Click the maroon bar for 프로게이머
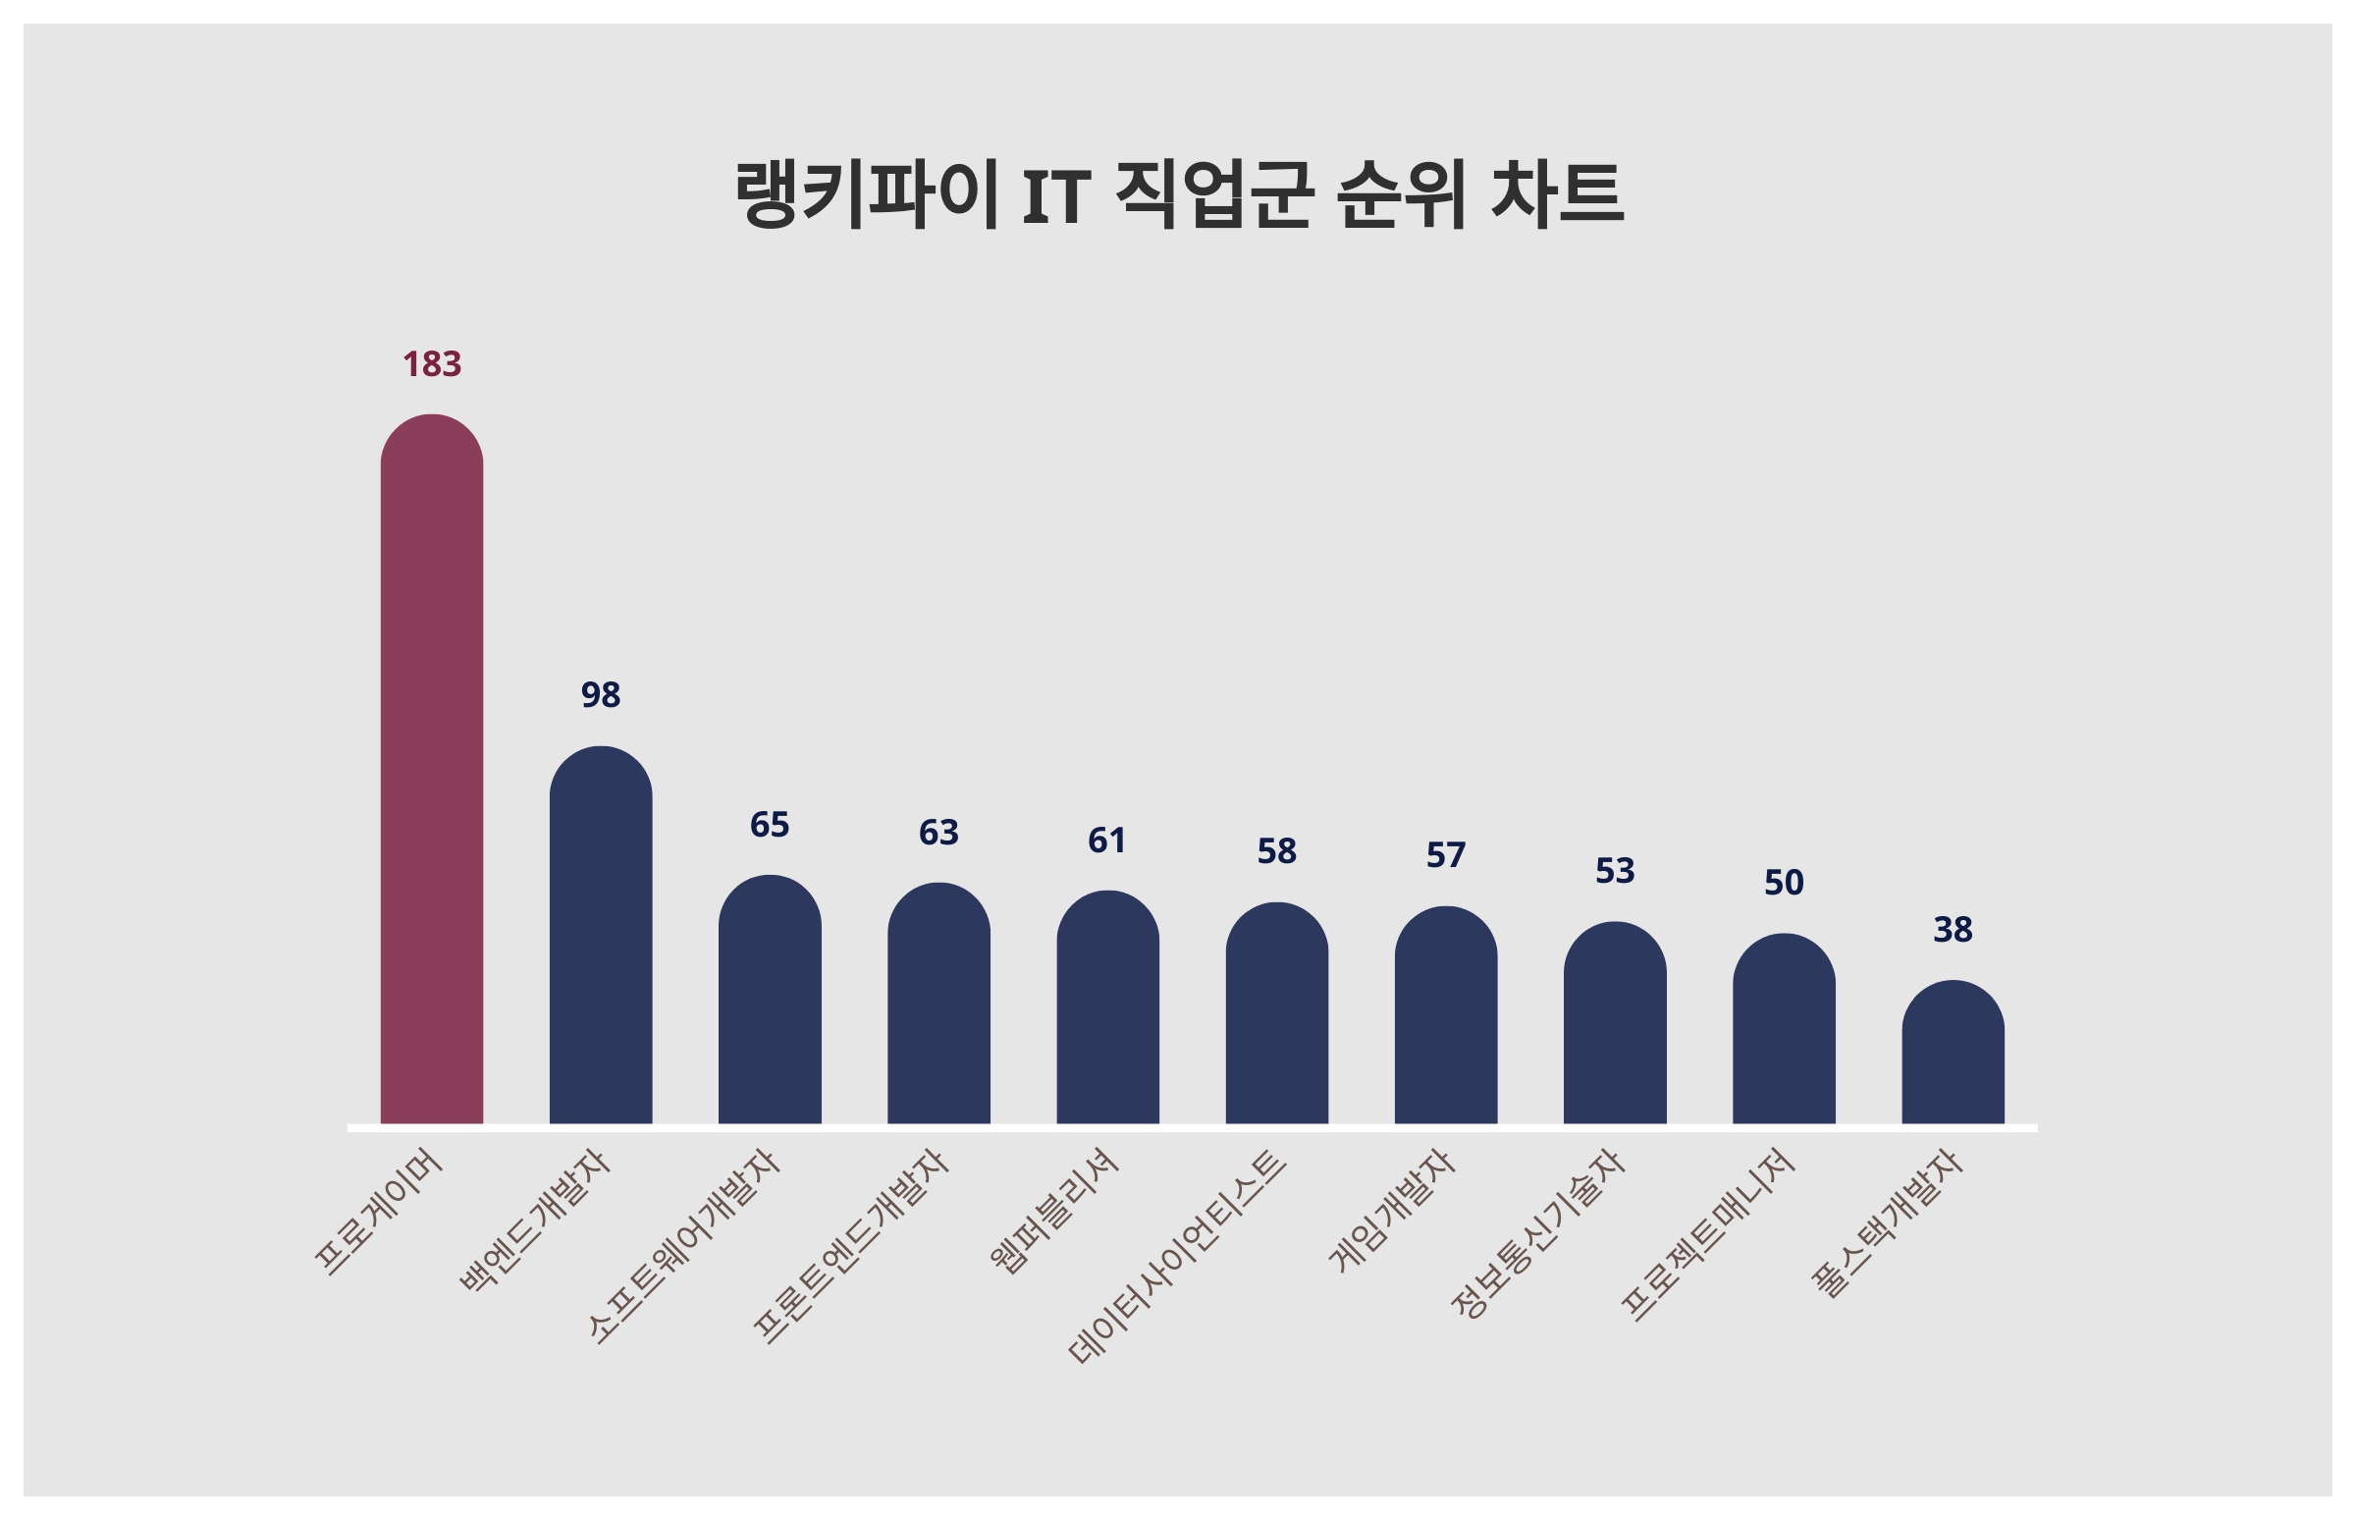[431, 769]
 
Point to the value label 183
[431, 364]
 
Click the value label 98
[600, 695]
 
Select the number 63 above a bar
[938, 832]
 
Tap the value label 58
[1277, 850]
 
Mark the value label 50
[1784, 883]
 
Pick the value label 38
[1953, 929]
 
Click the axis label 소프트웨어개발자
[684, 1246]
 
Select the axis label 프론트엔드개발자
[851, 1247]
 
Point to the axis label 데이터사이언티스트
[1178, 1258]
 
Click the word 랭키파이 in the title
[866, 193]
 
